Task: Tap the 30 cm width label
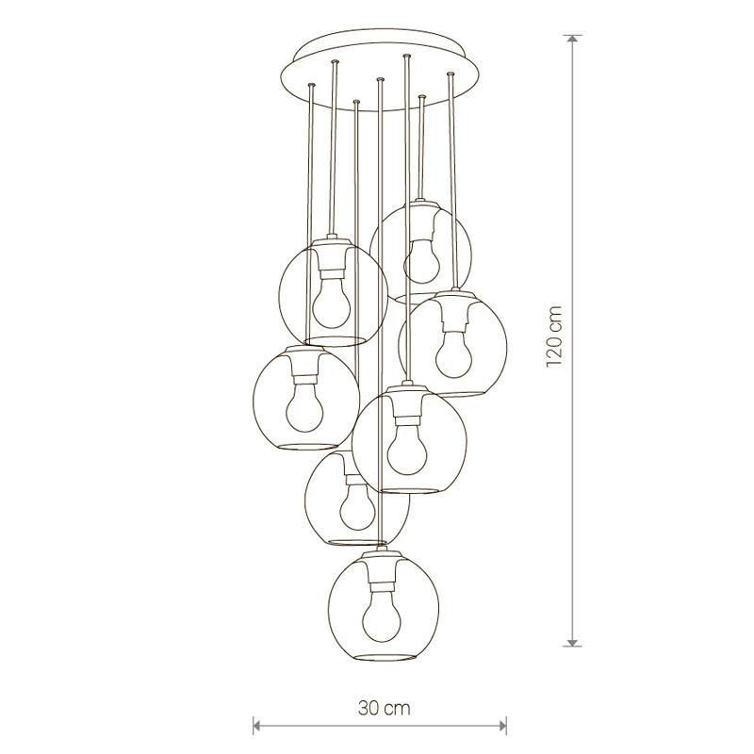coord(385,708)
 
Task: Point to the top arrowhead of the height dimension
coord(572,40)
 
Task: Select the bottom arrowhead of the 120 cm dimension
coord(572,641)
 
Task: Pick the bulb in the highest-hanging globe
coord(421,262)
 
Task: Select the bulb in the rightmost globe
coord(453,352)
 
